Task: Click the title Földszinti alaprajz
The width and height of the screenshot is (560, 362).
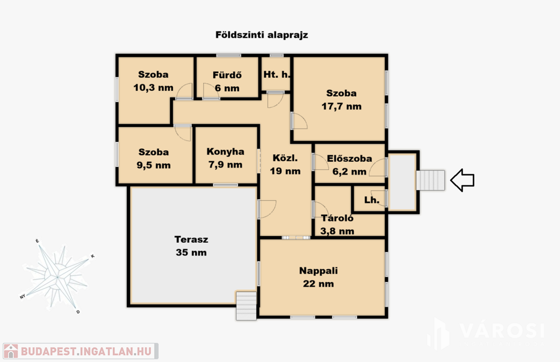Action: [x=261, y=35]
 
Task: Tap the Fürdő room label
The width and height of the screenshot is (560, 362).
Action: [x=227, y=75]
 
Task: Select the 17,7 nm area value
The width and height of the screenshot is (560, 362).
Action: [x=341, y=107]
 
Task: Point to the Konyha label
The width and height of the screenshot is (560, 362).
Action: [x=225, y=151]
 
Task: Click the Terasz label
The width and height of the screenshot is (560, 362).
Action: [x=191, y=240]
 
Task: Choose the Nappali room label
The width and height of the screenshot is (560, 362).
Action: [x=319, y=271]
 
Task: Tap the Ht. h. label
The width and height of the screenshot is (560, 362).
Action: [x=276, y=74]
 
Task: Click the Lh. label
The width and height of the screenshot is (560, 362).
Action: [x=371, y=200]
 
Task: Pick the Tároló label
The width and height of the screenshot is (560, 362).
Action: [x=337, y=218]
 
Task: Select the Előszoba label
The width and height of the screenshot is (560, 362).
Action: [x=349, y=159]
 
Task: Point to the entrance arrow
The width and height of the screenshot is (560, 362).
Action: [x=462, y=180]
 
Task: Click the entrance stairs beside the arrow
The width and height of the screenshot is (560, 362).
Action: [x=430, y=180]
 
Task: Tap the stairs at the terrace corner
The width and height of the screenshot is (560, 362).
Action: [x=246, y=306]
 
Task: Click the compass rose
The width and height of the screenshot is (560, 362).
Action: [x=57, y=277]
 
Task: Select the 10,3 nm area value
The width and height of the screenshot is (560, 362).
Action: [x=153, y=88]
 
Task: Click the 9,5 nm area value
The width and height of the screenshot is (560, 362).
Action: [x=154, y=165]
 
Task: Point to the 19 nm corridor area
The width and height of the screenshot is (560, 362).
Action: [x=285, y=171]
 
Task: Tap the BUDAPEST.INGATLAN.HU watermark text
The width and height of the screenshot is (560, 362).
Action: [x=86, y=351]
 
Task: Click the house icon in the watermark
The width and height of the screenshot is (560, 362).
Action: [x=11, y=351]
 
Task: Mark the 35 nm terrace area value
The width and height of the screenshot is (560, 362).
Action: [x=191, y=253]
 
